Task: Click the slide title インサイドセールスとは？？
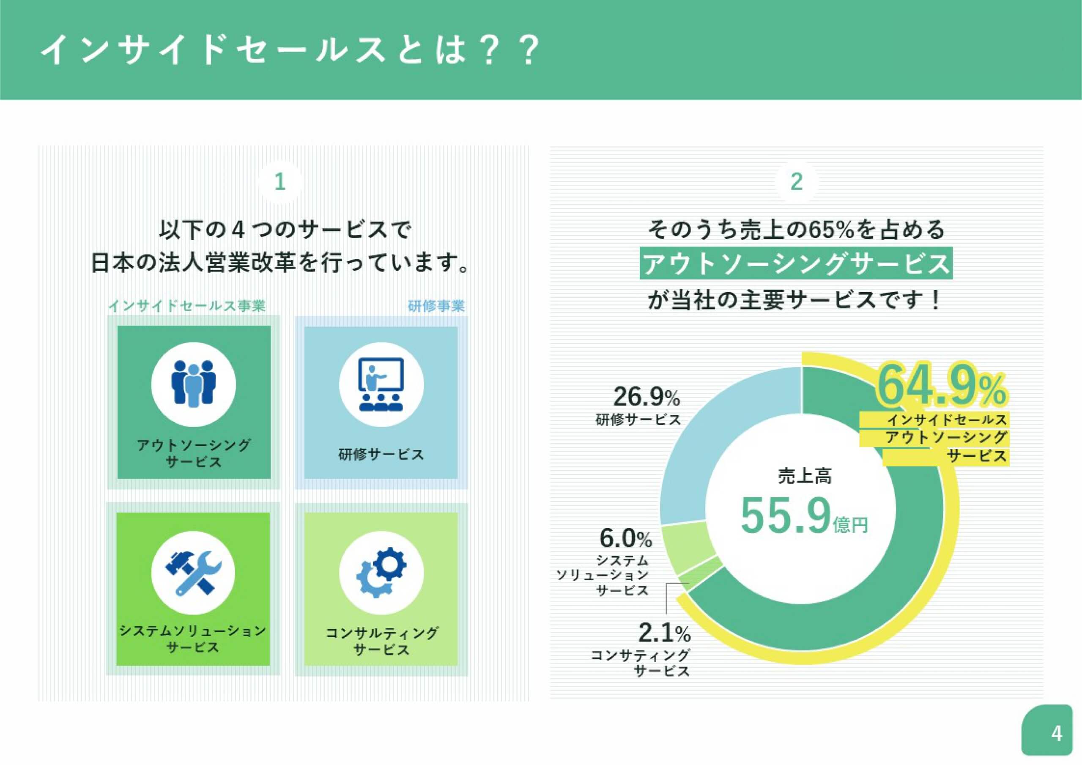point(290,50)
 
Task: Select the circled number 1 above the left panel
point(280,182)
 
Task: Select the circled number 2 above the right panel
point(797,182)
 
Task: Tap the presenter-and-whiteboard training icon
point(381,384)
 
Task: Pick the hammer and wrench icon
point(193,572)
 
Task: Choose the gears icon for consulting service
point(381,572)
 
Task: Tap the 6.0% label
point(626,538)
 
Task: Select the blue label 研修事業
point(436,306)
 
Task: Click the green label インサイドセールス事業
point(187,306)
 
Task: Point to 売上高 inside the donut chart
point(805,476)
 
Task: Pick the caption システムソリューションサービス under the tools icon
point(193,639)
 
